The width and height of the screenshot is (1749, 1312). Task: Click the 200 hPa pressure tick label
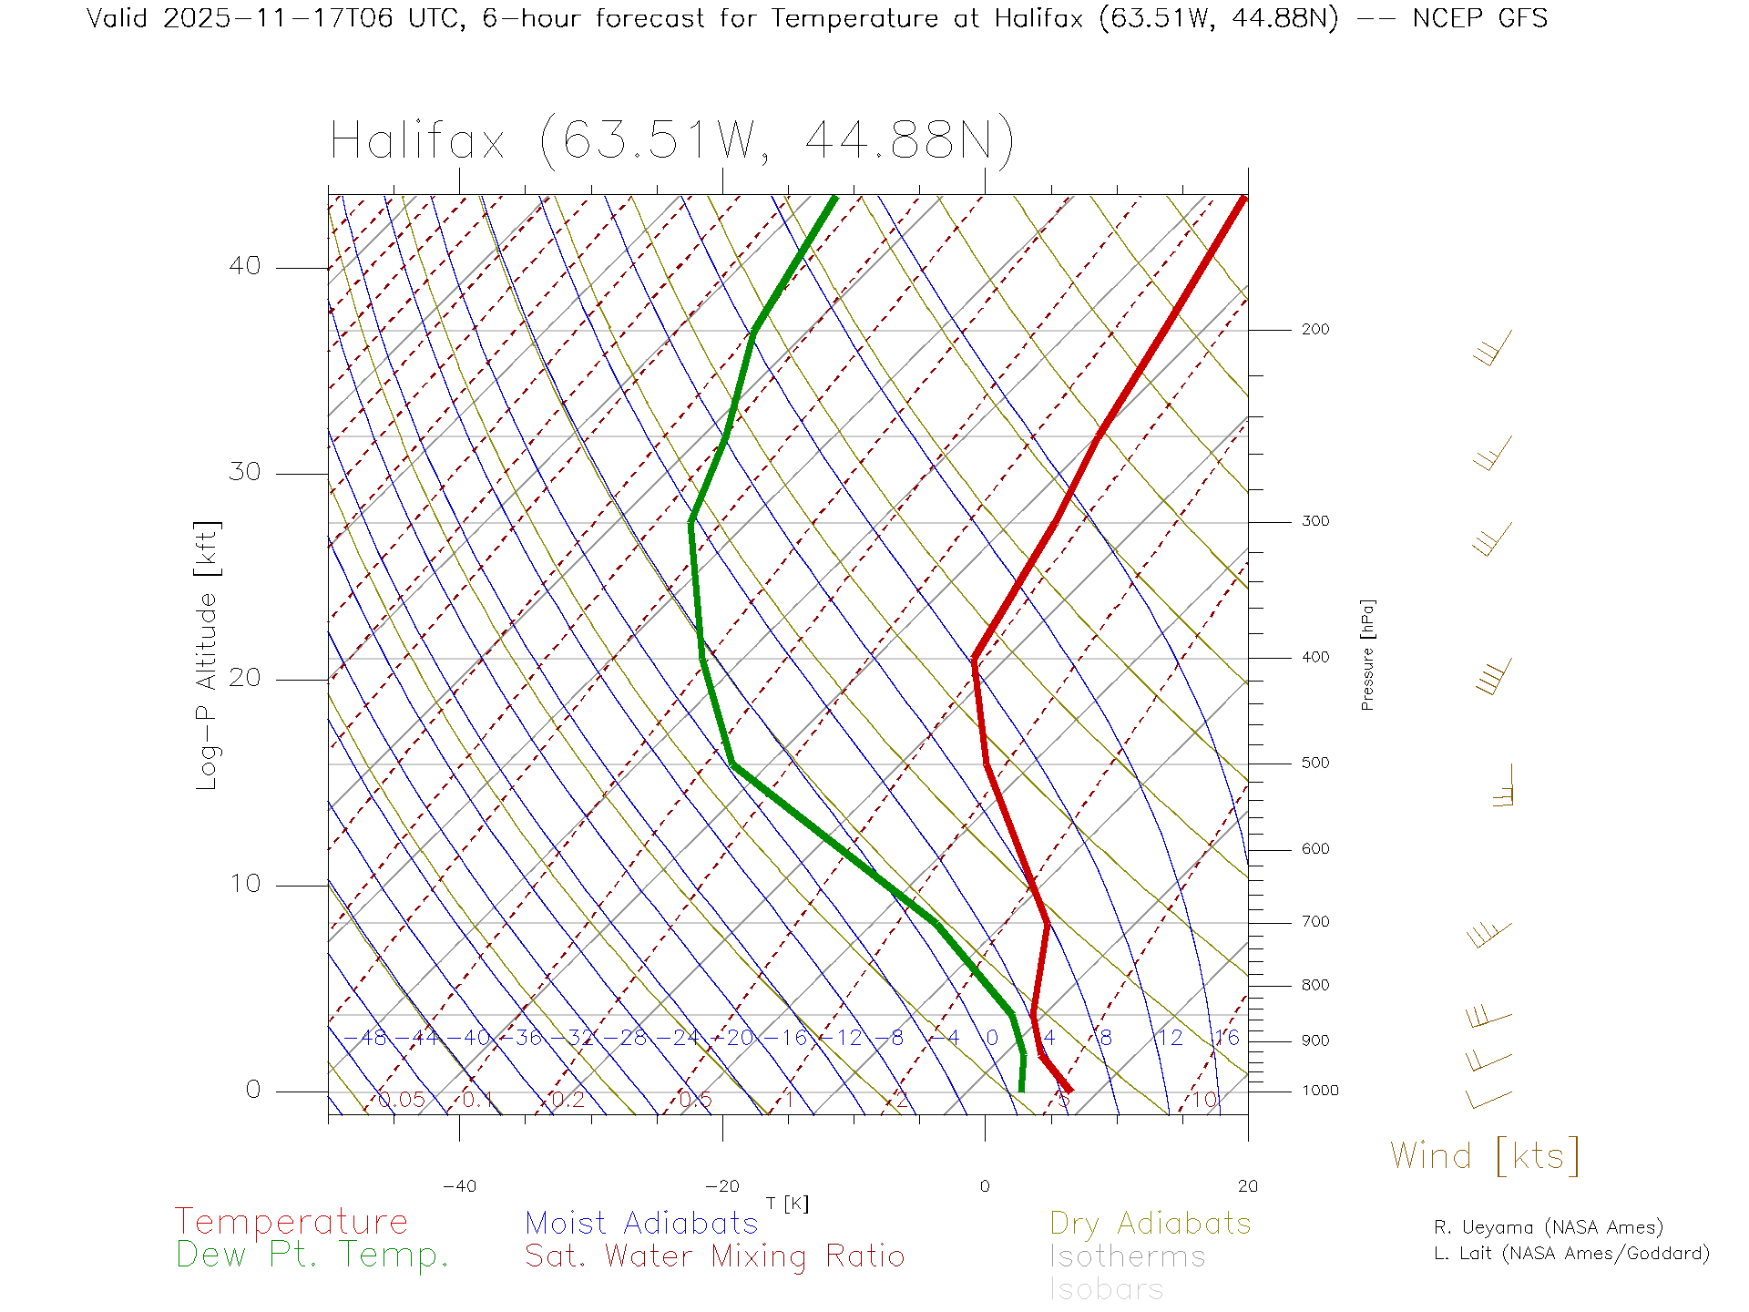click(1314, 330)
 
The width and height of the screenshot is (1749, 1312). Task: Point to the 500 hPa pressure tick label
click(1314, 764)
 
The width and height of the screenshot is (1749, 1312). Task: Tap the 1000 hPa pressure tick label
click(1319, 1091)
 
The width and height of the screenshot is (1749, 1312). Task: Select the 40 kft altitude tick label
click(244, 266)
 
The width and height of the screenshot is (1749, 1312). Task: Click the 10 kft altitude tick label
click(244, 884)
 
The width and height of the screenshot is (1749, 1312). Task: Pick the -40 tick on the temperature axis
click(459, 1186)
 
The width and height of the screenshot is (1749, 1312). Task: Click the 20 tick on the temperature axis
click(1247, 1186)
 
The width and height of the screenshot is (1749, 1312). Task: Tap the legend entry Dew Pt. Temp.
click(312, 1256)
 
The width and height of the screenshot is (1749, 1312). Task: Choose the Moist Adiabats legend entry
click(641, 1224)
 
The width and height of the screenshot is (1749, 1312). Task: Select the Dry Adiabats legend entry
click(1150, 1224)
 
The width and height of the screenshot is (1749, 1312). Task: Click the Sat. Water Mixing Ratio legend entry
click(715, 1256)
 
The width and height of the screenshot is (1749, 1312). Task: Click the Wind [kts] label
click(1485, 1155)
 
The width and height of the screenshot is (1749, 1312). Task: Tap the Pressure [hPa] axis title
click(1367, 654)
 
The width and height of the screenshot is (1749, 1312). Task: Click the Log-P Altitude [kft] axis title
click(208, 655)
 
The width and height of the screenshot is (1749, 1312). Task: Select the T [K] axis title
click(787, 1204)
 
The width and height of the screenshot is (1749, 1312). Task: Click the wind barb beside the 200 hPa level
click(1492, 348)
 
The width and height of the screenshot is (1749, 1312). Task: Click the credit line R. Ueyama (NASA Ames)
click(1548, 1227)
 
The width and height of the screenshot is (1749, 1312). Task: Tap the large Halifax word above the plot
click(417, 141)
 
